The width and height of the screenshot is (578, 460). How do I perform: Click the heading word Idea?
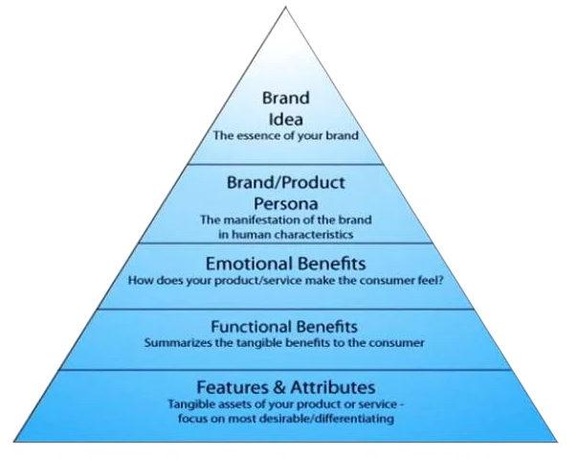pos(286,119)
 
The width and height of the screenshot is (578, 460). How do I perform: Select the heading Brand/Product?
pos(286,183)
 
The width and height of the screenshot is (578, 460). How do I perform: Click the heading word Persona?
pos(286,204)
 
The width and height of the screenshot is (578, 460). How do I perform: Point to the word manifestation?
pos(261,220)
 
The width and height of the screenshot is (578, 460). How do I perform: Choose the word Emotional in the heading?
pos(249,264)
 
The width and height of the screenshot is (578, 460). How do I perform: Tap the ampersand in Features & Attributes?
pos(279,387)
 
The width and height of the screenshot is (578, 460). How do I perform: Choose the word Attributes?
pos(333,387)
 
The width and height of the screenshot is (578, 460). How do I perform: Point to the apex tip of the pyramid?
pos(285,7)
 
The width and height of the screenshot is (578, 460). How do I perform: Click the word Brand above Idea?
pos(286,98)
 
